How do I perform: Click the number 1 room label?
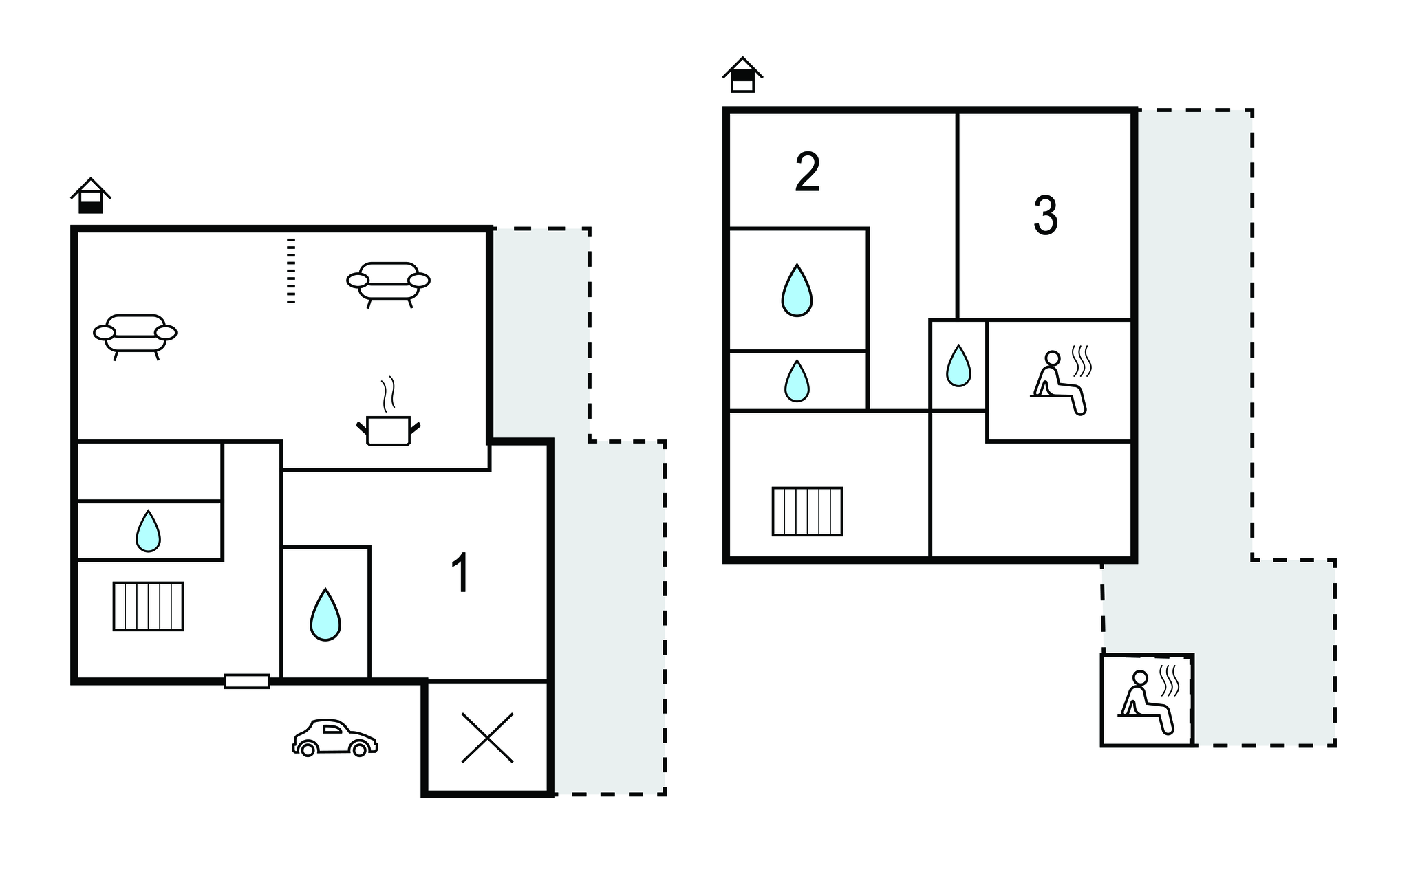(x=460, y=573)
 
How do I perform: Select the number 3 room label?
(x=1046, y=216)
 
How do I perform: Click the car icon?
(x=335, y=738)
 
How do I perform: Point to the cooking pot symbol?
(x=388, y=413)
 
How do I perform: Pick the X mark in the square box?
(x=487, y=738)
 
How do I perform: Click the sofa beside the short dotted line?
(x=388, y=284)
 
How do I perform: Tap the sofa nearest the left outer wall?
(x=135, y=336)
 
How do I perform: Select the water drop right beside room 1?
(x=325, y=615)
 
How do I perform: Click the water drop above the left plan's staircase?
(x=148, y=532)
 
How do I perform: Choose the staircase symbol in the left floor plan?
(x=149, y=607)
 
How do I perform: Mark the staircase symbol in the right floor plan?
(x=807, y=511)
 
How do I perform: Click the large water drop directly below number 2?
(x=797, y=290)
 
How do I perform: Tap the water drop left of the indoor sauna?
(x=958, y=366)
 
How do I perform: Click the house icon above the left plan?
(x=91, y=196)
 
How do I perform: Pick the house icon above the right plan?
(x=742, y=75)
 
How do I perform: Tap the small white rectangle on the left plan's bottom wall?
(x=247, y=681)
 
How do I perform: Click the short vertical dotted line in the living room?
(x=291, y=271)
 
